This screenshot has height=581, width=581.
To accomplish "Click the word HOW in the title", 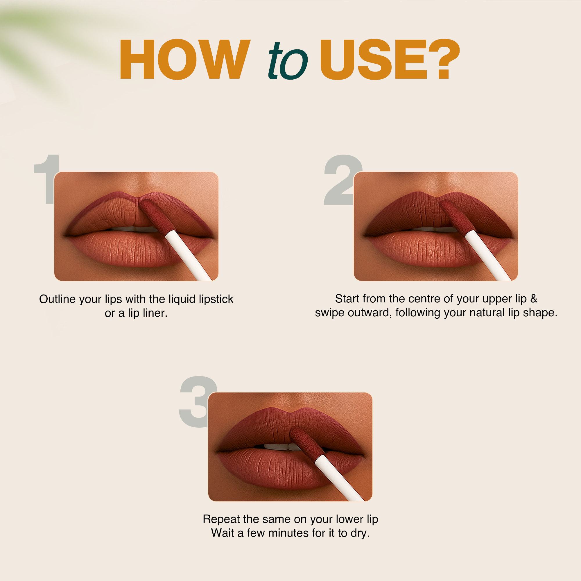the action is pos(185,59).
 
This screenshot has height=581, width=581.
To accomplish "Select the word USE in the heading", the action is pos(374,59).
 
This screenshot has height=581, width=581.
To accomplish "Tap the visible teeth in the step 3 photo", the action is pos(281,446).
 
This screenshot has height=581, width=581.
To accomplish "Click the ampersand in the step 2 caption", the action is pos(533,299).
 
